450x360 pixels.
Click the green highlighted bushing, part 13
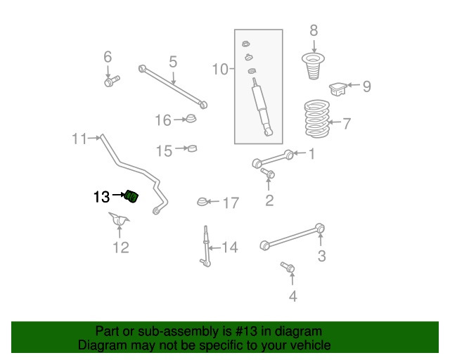pyautogui.click(x=132, y=196)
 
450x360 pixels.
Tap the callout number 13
pyautogui.click(x=101, y=197)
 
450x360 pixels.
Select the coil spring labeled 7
pyautogui.click(x=317, y=119)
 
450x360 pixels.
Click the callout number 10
pyautogui.click(x=220, y=69)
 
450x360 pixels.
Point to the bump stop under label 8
pyautogui.click(x=313, y=66)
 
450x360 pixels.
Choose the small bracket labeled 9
pyautogui.click(x=337, y=89)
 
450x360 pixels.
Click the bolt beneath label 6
pyautogui.click(x=112, y=81)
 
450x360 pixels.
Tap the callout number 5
pyautogui.click(x=173, y=62)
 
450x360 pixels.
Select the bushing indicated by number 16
pyautogui.click(x=191, y=118)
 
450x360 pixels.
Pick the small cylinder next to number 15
pyautogui.click(x=192, y=148)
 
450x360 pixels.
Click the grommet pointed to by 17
pyautogui.click(x=202, y=202)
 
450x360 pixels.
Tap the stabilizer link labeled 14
pyautogui.click(x=206, y=246)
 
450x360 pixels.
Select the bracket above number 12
pyautogui.click(x=120, y=220)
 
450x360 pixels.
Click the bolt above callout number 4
pyautogui.click(x=288, y=267)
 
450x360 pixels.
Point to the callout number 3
pyautogui.click(x=322, y=256)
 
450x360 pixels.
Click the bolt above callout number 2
pyautogui.click(x=268, y=173)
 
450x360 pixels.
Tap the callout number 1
pyautogui.click(x=312, y=153)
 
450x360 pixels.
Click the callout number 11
pyautogui.click(x=79, y=139)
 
